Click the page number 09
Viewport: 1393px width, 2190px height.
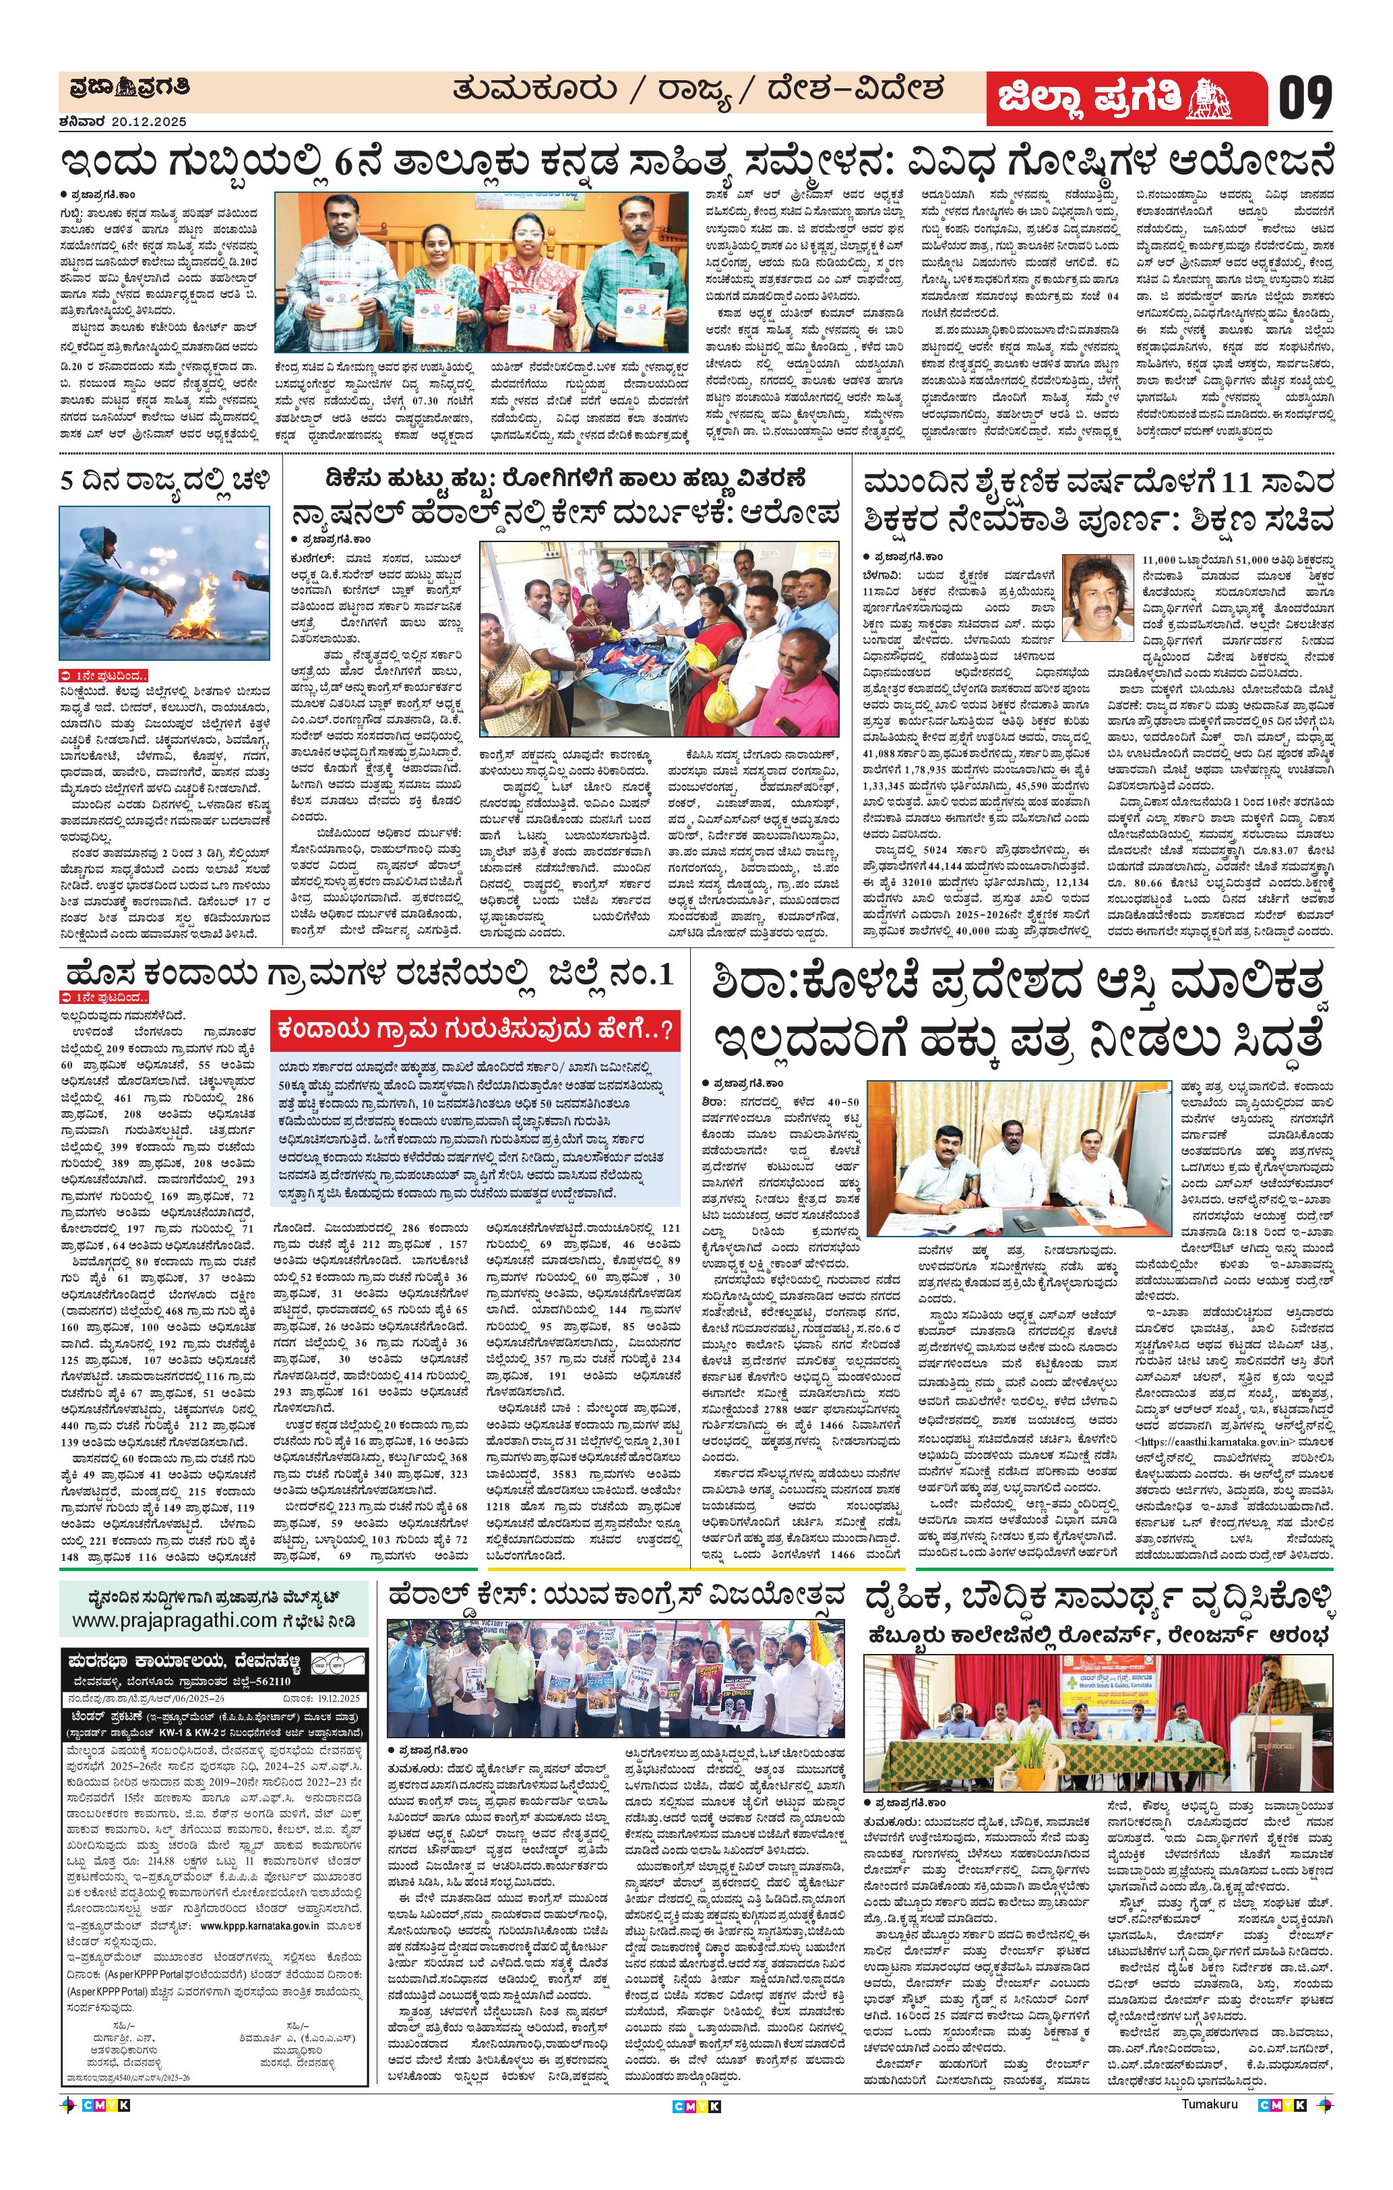[1307, 97]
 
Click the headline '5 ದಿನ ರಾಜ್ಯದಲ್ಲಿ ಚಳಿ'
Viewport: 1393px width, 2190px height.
[164, 480]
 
